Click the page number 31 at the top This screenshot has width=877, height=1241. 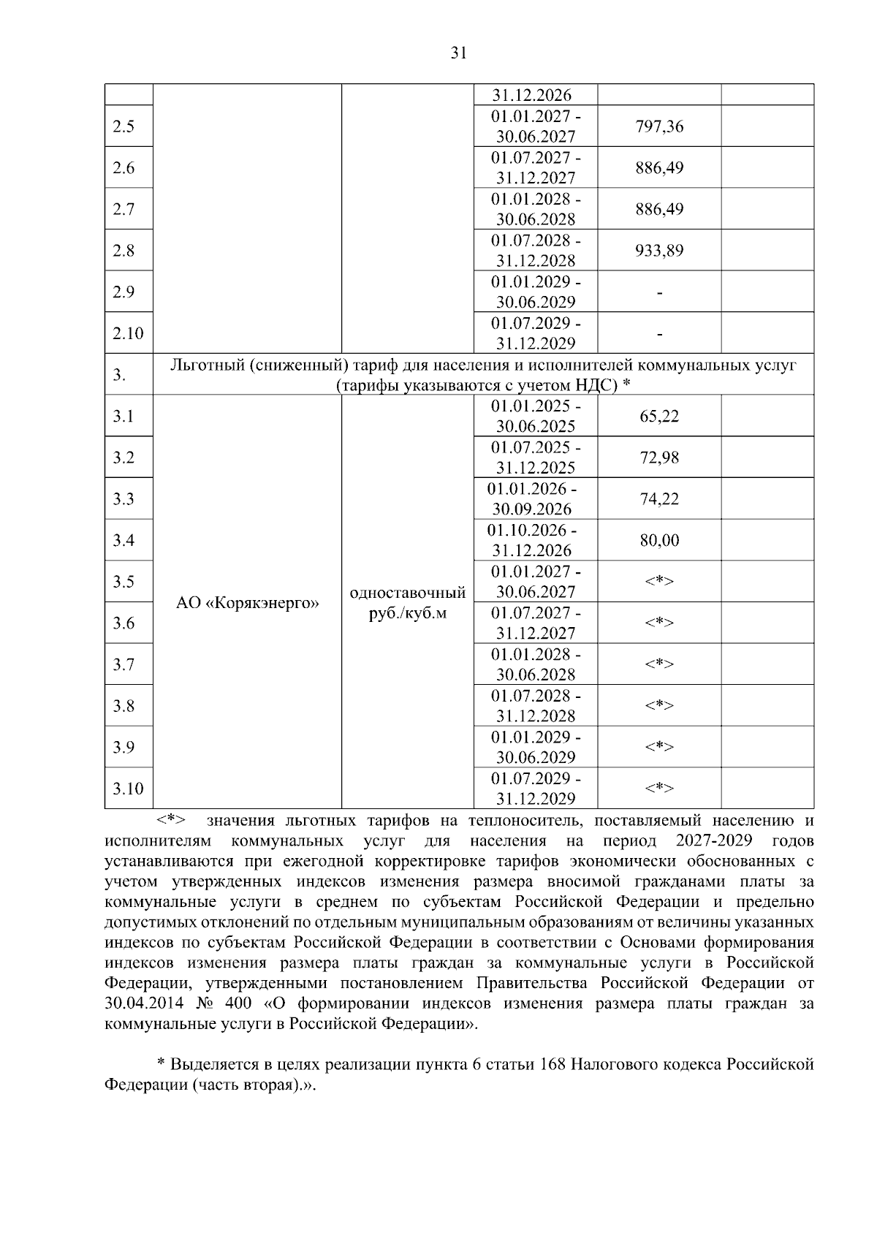coord(458,53)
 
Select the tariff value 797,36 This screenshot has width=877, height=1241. coord(659,126)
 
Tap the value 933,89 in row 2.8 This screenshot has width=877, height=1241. coord(659,251)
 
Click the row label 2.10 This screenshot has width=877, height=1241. coord(128,333)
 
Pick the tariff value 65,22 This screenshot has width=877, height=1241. coord(659,417)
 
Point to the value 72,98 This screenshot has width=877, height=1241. coord(659,458)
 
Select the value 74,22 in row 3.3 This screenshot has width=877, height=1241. coord(659,499)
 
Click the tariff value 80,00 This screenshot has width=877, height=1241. coord(659,541)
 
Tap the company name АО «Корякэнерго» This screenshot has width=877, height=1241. coord(248,604)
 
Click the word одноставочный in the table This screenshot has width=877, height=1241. coord(408,592)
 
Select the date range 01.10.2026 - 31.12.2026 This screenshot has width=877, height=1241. coord(532,540)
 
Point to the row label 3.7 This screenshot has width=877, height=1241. coord(124,664)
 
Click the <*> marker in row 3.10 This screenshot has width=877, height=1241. coord(659,788)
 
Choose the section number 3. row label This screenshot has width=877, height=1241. coord(119,376)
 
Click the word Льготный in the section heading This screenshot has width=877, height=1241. coord(207,365)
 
